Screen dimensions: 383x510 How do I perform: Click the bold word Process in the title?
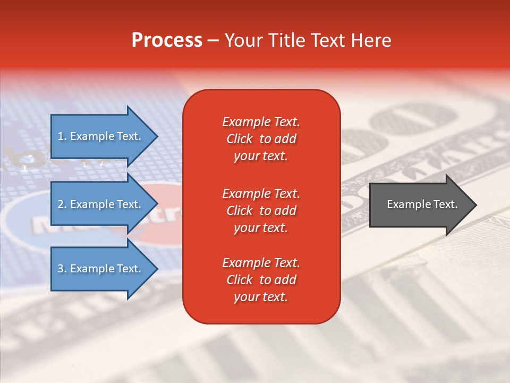point(167,40)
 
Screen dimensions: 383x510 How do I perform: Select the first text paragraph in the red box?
point(261,139)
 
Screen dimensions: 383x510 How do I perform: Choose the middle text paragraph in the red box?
point(261,211)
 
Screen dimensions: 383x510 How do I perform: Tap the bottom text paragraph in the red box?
point(261,280)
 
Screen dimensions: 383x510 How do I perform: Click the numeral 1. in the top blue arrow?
point(62,136)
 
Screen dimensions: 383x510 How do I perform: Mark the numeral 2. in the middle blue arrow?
point(62,204)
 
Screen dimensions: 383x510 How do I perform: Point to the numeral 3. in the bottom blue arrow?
point(62,269)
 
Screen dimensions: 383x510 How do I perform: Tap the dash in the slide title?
point(213,40)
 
